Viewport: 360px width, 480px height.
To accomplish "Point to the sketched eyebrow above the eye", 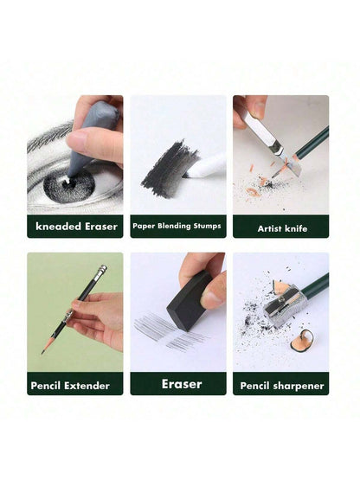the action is tap(49, 137).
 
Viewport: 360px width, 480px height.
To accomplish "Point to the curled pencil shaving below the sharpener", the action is tap(303, 341).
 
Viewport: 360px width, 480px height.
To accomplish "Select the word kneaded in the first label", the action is tap(58, 227).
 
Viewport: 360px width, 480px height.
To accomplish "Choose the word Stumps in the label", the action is tap(207, 227).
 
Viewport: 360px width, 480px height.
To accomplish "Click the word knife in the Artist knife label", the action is tap(296, 228).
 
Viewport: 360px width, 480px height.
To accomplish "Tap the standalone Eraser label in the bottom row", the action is tap(182, 384).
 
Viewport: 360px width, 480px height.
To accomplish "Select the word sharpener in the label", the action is tap(298, 386).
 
